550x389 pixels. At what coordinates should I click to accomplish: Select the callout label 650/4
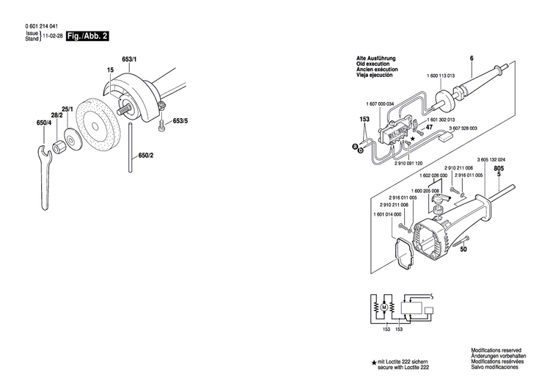pyautogui.click(x=44, y=124)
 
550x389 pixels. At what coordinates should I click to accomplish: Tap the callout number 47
pyautogui.click(x=430, y=128)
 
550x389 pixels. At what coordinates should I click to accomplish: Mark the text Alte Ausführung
pyautogui.click(x=375, y=57)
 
